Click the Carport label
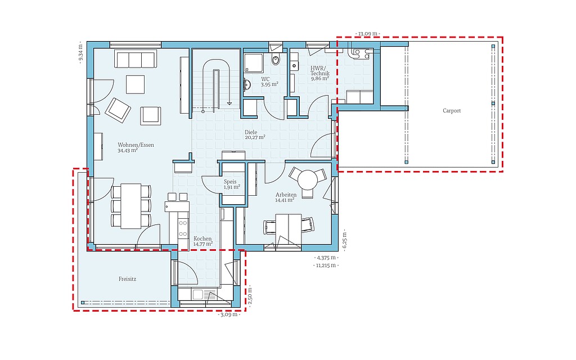452,111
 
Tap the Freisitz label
128,279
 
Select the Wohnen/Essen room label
136,145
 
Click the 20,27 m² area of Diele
255,137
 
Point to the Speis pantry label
230,182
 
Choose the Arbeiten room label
286,195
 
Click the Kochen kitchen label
202,238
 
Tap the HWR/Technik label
320,71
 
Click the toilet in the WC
276,58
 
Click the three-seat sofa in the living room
135,60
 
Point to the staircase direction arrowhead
229,103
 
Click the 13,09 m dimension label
368,34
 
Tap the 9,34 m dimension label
81,52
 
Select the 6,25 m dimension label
345,240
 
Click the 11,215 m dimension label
326,265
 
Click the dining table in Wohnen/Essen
131,206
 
